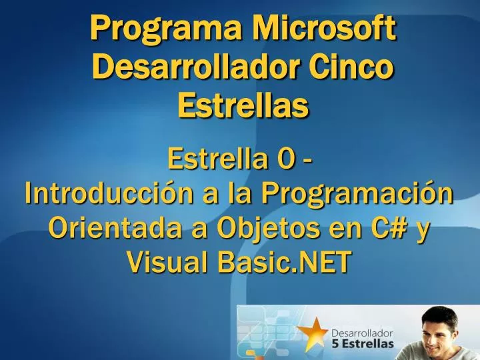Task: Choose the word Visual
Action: point(166,263)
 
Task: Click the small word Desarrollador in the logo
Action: point(361,332)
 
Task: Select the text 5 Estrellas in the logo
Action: point(363,344)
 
